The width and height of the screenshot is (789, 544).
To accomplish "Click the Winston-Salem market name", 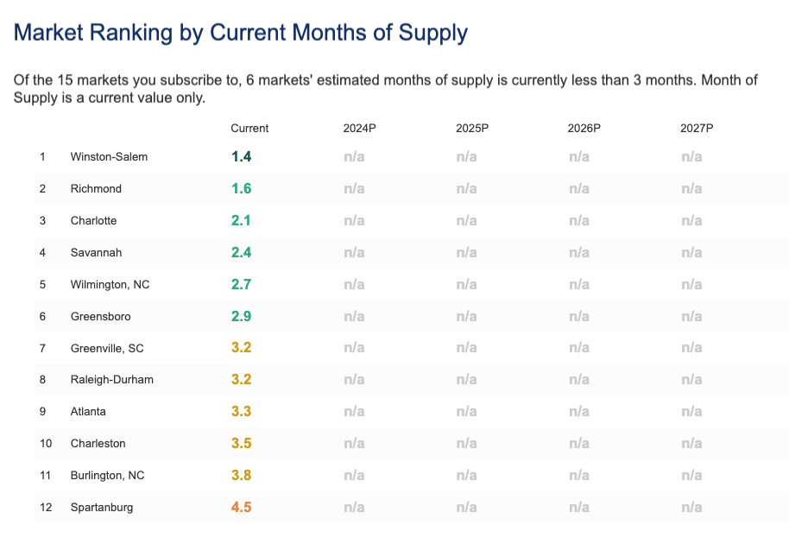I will [109, 157].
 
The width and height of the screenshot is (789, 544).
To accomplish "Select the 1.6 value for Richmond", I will [241, 188].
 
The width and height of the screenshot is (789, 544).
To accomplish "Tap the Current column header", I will [249, 129].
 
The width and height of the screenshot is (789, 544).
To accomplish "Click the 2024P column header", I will [359, 129].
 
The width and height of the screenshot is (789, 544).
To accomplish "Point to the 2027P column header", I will [697, 129].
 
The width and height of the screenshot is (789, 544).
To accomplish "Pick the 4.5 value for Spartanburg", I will [241, 507].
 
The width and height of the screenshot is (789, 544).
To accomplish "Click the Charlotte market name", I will [93, 221].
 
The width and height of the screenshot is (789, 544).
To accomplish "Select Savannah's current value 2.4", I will [241, 252].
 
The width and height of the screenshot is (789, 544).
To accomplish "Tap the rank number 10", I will [46, 444].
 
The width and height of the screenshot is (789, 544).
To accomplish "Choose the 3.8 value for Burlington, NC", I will [241, 475].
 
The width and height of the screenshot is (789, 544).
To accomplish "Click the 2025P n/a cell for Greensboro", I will [466, 316].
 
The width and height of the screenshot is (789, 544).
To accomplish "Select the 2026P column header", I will [584, 129].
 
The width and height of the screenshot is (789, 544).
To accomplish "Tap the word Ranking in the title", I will [124, 33].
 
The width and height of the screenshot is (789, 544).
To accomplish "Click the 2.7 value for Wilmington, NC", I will [241, 284].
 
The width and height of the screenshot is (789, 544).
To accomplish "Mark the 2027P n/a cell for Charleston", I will [691, 444].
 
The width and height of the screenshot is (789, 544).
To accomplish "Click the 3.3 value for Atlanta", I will [241, 412].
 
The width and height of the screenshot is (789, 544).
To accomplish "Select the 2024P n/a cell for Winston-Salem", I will [354, 157].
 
